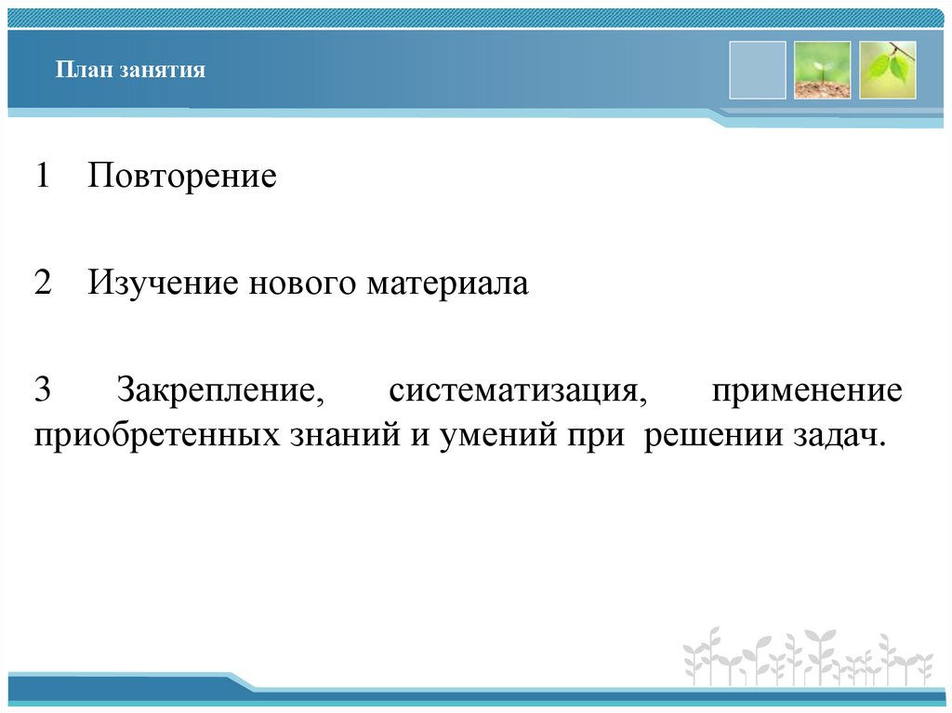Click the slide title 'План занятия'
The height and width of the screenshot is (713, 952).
[x=129, y=71]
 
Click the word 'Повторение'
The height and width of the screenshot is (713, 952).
[x=182, y=177]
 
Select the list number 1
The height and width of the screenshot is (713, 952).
[x=43, y=177]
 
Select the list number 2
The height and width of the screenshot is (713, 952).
[x=43, y=284]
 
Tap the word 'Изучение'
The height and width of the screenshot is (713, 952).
[x=165, y=284]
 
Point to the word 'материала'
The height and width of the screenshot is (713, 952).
[x=447, y=284]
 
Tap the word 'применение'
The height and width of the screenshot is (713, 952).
[x=807, y=390]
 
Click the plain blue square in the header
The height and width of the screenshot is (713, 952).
[x=757, y=70]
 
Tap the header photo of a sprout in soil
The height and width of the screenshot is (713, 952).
[x=822, y=70]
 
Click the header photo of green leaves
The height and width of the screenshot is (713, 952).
[x=887, y=70]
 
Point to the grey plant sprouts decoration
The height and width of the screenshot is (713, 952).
[x=807, y=656]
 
